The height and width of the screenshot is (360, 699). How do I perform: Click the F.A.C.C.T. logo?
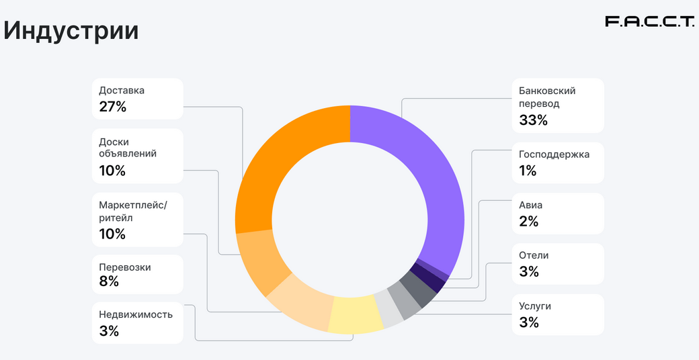(x=649, y=22)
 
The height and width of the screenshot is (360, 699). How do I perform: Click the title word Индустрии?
(x=71, y=31)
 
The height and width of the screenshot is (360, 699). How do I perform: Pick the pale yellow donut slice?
(x=356, y=314)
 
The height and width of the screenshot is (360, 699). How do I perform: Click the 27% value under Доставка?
(x=112, y=106)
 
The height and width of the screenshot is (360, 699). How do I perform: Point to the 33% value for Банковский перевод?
(x=533, y=120)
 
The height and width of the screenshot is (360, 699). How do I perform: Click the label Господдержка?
(x=554, y=154)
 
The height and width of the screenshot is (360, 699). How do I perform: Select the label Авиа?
(x=530, y=205)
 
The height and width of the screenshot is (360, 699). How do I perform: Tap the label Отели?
(x=534, y=255)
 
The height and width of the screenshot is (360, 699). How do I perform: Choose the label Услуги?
(x=535, y=306)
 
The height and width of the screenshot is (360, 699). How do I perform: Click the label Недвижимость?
(x=136, y=314)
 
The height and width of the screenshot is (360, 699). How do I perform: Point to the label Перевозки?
(x=124, y=267)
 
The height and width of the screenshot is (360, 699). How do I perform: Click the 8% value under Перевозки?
(x=109, y=281)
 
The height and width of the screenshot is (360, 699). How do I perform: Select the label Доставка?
(x=122, y=90)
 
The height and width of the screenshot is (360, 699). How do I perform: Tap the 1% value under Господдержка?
(x=528, y=171)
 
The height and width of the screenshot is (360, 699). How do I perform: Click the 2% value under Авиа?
(x=528, y=221)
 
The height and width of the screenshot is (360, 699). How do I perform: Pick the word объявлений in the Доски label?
(x=128, y=153)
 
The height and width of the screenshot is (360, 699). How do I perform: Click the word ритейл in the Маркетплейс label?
(x=116, y=218)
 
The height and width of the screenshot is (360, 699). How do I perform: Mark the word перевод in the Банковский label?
(x=539, y=103)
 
